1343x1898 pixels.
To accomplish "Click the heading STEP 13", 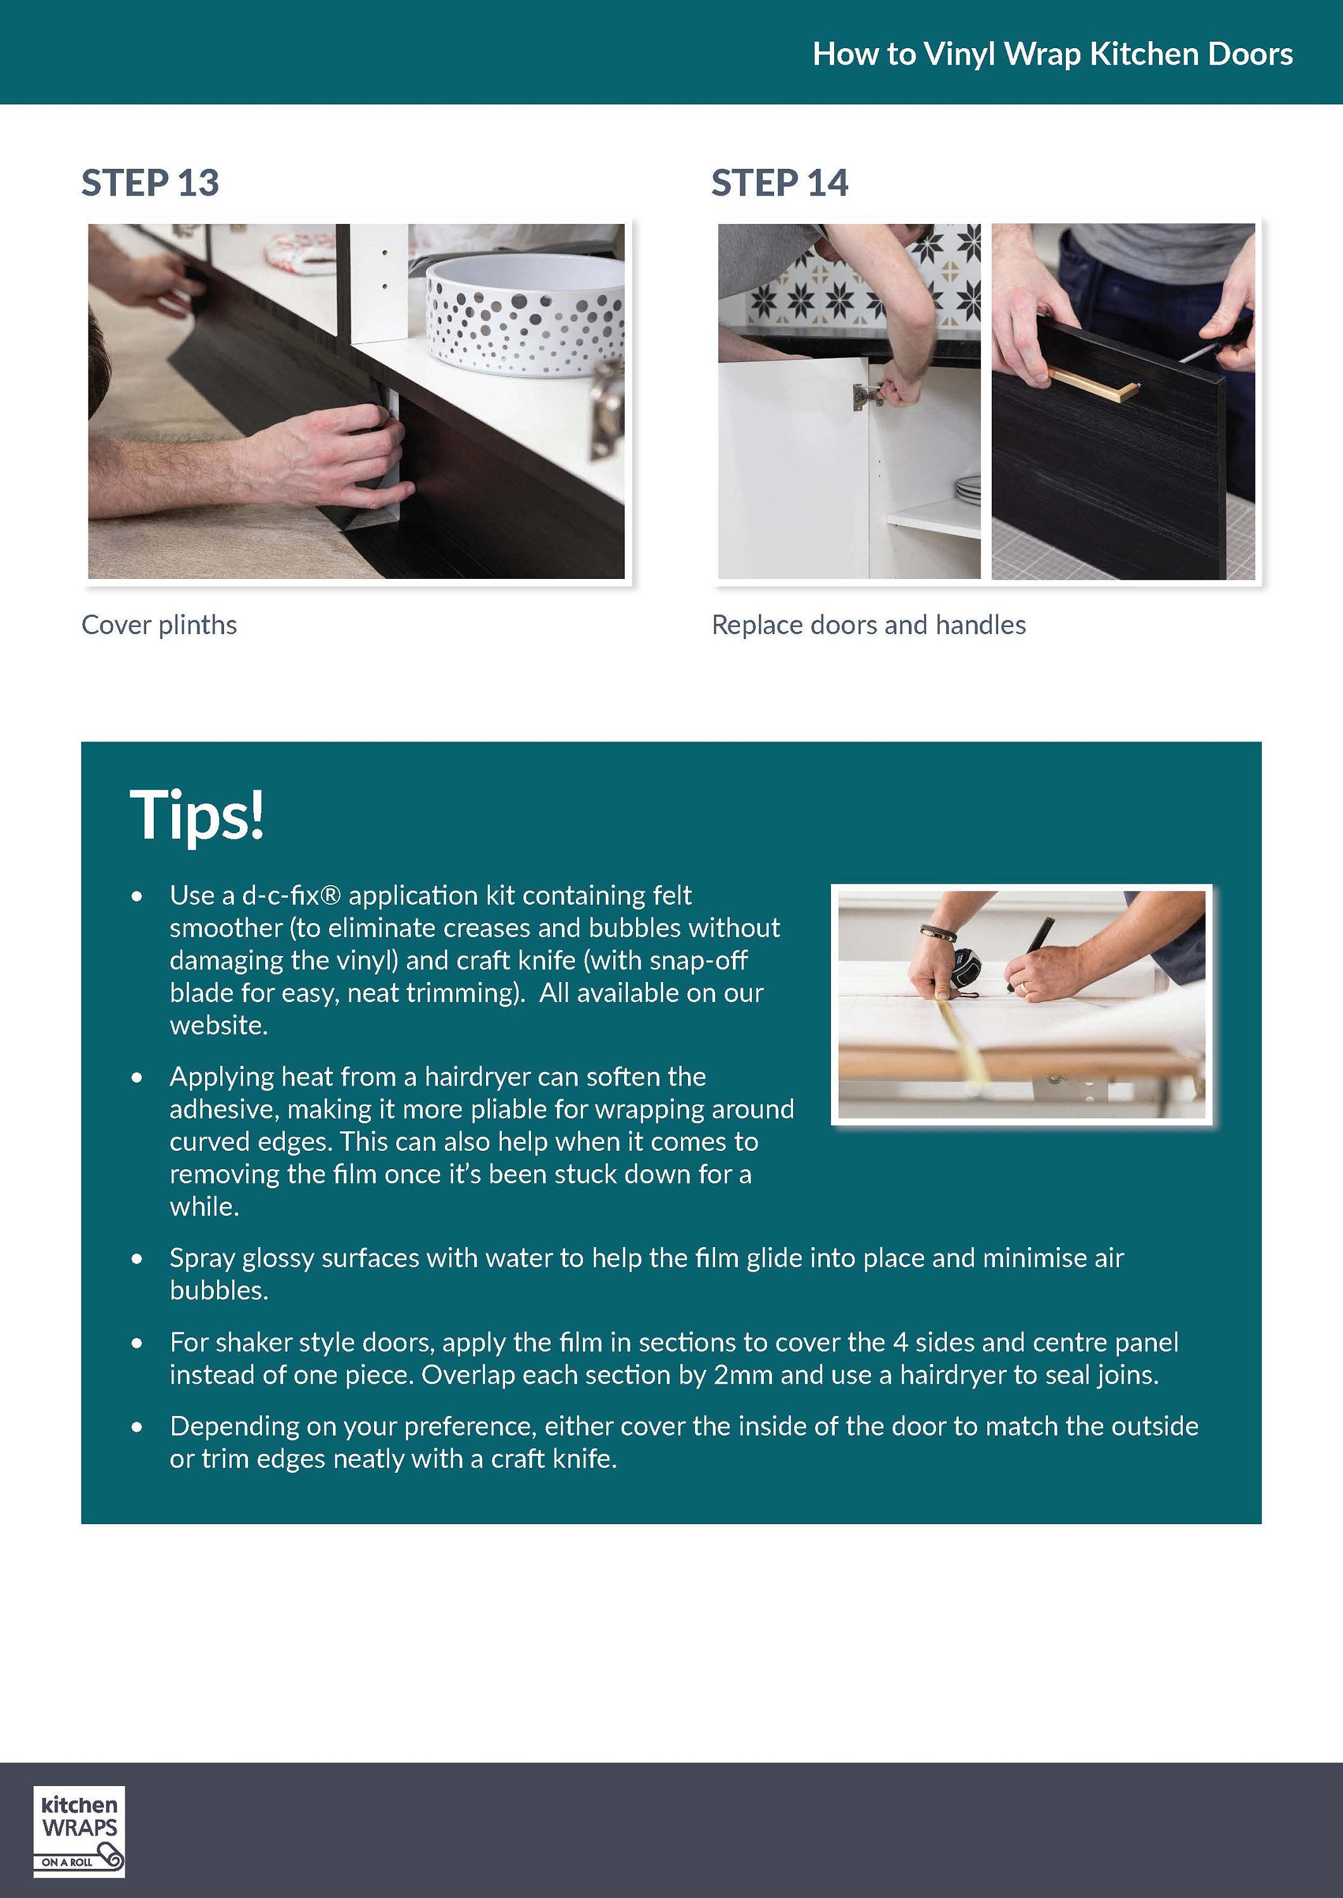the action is click(150, 183).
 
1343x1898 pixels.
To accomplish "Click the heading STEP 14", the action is click(780, 183).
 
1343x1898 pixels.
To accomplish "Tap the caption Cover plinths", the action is click(159, 625).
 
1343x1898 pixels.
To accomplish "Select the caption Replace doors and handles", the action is click(868, 625).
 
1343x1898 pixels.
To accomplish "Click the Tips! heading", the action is click(197, 815).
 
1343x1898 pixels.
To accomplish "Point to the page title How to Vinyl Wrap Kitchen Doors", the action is click(1053, 54).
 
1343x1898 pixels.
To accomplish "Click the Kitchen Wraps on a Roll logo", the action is click(79, 1831).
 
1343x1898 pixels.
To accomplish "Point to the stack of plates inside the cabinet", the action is click(968, 488).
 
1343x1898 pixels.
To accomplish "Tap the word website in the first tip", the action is click(218, 1025).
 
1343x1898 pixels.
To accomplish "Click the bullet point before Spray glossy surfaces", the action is click(137, 1259).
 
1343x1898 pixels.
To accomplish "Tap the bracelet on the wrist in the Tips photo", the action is click(939, 933).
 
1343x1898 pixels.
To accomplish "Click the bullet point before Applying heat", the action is click(137, 1078).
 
